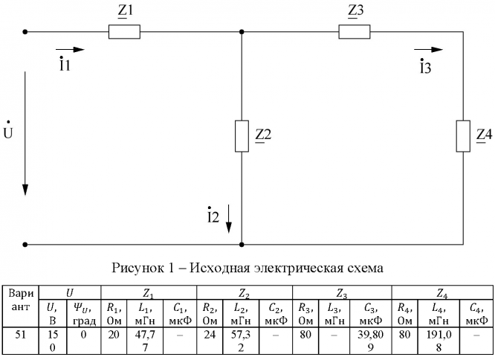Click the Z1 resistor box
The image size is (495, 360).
(123, 32)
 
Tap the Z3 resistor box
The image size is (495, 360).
(353, 32)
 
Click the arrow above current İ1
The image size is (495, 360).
(71, 50)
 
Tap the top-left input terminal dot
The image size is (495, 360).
(25, 32)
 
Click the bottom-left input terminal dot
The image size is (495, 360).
(25, 243)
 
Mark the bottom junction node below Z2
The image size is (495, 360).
(242, 243)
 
